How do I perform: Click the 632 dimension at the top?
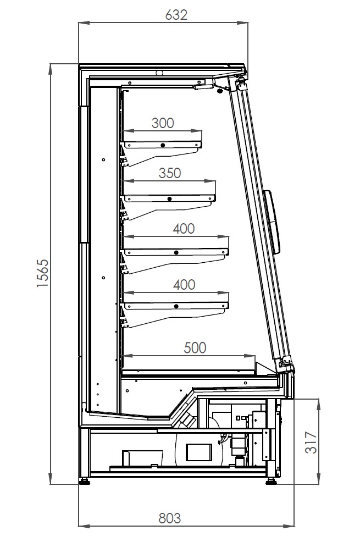176,15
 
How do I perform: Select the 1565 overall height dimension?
43,273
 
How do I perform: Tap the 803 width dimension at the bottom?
169,518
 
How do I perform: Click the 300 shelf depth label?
162,123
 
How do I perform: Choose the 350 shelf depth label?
169,173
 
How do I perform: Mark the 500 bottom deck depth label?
195,347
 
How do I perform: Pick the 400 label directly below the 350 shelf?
183,229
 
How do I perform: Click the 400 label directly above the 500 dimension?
184,284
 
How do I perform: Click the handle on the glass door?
275,222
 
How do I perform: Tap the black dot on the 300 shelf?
163,145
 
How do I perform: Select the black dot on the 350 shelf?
170,198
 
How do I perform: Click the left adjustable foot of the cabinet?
85,481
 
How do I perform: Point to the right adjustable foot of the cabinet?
272,482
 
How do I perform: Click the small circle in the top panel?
159,73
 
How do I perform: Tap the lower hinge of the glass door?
285,363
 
